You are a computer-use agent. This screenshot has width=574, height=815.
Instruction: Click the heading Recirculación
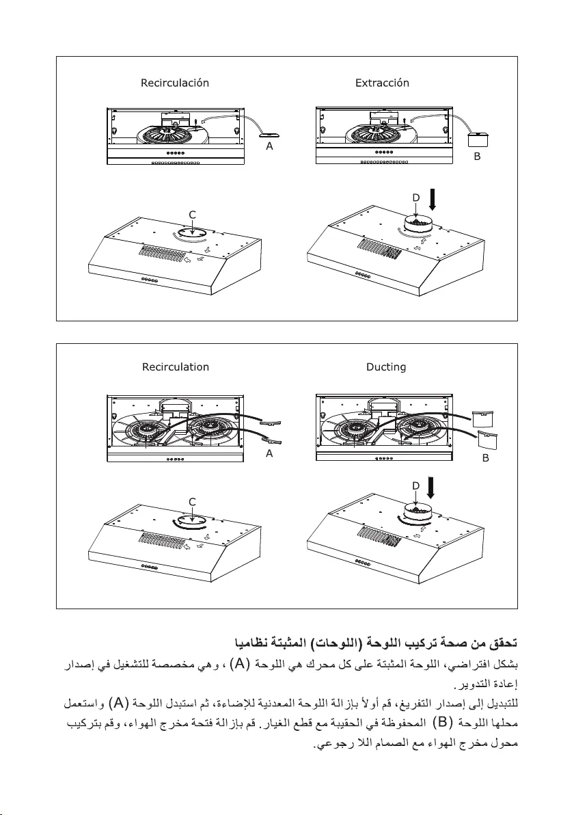(x=174, y=83)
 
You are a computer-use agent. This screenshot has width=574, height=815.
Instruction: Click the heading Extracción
(x=382, y=83)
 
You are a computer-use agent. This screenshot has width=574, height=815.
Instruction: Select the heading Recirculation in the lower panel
(x=176, y=367)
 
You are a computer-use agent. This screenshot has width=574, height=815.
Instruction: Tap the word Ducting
(x=386, y=367)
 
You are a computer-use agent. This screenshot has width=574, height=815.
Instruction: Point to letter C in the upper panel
(x=193, y=214)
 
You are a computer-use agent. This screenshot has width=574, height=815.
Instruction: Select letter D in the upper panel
(x=415, y=198)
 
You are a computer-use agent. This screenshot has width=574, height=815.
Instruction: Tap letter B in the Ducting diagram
(x=485, y=458)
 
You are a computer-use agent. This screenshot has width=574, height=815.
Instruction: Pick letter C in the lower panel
(x=193, y=501)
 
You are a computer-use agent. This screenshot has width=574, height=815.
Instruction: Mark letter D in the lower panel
(x=415, y=485)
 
